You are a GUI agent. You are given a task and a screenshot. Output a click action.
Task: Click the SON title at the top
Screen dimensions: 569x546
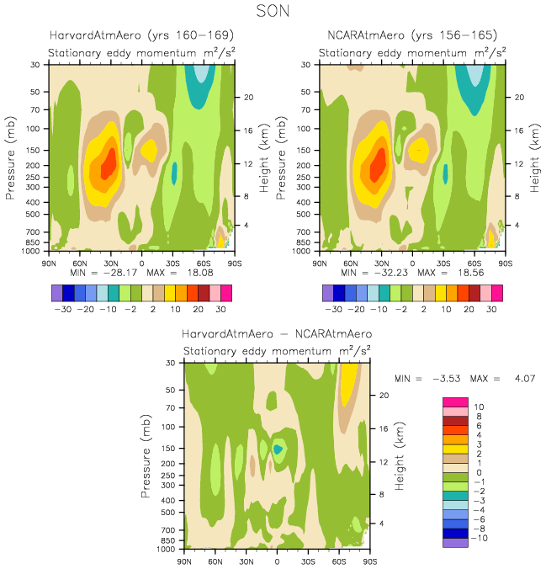pyautogui.click(x=273, y=13)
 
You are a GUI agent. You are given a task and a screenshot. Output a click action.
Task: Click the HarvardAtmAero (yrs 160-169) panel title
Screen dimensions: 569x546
pyautogui.click(x=140, y=35)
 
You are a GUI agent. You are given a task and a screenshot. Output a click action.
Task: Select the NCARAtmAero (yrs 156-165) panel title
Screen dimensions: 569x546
pyautogui.click(x=412, y=35)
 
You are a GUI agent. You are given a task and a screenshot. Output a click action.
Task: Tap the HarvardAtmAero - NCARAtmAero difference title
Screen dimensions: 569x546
pyautogui.click(x=277, y=334)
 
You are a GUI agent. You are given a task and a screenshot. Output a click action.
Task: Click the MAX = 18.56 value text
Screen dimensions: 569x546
pyautogui.click(x=453, y=274)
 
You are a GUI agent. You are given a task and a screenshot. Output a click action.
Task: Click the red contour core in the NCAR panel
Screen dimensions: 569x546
pyautogui.click(x=379, y=162)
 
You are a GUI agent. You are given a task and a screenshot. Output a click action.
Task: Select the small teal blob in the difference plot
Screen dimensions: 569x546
pyautogui.click(x=278, y=449)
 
